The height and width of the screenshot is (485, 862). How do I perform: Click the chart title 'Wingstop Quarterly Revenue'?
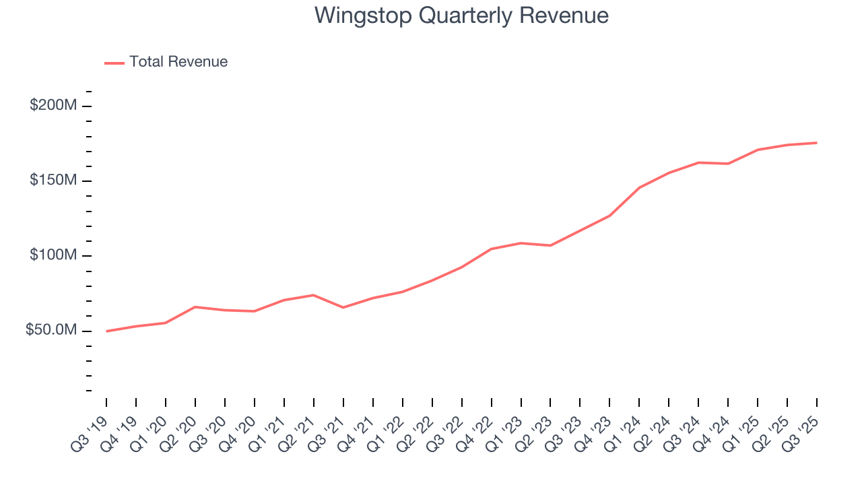[x=461, y=15]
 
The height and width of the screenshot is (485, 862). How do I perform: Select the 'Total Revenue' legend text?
[x=178, y=62]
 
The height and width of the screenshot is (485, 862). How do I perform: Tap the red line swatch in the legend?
[x=114, y=63]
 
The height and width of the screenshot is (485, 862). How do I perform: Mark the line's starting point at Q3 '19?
[x=106, y=331]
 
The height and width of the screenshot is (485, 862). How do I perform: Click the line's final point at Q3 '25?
[x=817, y=143]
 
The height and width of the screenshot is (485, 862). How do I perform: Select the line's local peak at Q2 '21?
[x=314, y=295]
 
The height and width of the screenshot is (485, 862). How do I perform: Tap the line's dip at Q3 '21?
[x=343, y=307]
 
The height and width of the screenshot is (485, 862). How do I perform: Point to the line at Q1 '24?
[x=639, y=187]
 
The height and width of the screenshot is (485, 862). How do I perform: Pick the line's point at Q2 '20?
[x=195, y=307]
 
